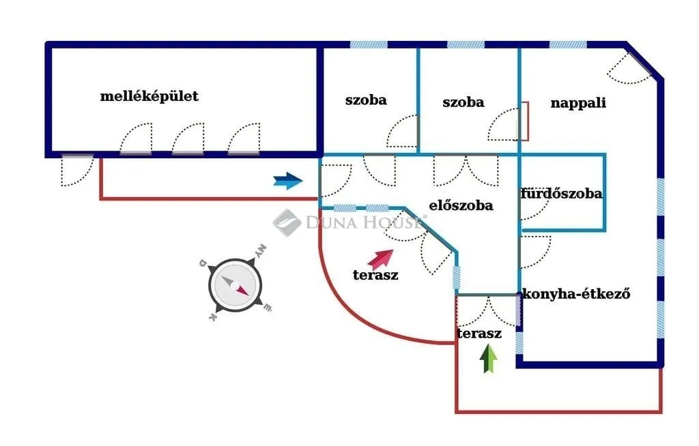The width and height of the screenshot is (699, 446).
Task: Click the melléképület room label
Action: (149, 96)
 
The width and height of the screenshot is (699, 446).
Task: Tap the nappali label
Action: (578, 104)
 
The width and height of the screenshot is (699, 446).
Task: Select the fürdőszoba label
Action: (561, 194)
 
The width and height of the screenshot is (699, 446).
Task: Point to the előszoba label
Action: (461, 205)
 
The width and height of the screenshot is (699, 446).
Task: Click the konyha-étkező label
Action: (576, 294)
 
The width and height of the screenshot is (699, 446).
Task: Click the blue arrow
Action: (288, 181)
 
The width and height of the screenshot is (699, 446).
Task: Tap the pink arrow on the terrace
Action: (380, 259)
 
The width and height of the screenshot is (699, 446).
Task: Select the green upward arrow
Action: (489, 359)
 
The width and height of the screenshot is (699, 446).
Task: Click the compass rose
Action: (235, 285)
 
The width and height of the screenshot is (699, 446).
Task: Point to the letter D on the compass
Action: (203, 263)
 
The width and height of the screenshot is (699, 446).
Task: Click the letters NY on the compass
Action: (261, 251)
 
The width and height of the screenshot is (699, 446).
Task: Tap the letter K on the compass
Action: (213, 317)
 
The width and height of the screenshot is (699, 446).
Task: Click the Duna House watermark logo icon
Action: (287, 222)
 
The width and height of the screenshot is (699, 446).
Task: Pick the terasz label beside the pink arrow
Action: (375, 275)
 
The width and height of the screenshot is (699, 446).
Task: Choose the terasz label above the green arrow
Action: (479, 333)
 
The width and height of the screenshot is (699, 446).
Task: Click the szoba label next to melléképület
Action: (366, 100)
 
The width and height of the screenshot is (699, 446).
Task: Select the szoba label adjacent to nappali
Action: (463, 102)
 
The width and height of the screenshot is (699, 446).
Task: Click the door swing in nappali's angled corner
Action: (630, 69)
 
